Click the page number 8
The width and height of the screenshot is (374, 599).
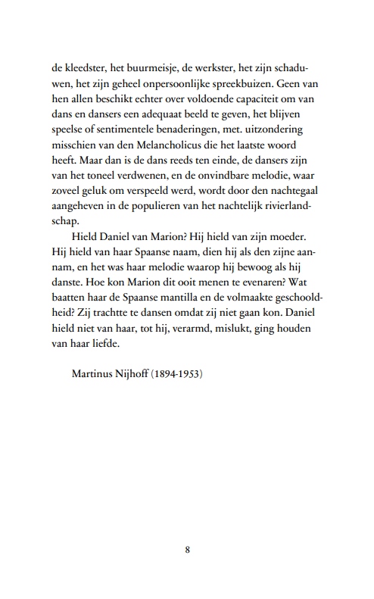(x=187, y=551)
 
